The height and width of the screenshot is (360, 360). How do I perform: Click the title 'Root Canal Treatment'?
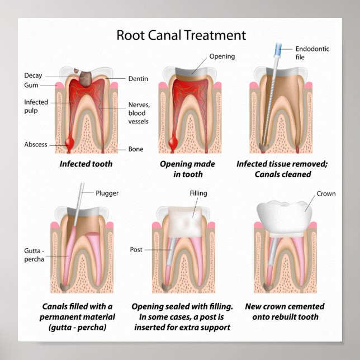pyautogui.click(x=181, y=35)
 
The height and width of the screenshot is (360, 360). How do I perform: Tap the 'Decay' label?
pyautogui.click(x=33, y=75)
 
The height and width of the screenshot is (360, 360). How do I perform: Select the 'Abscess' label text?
pyautogui.click(x=35, y=144)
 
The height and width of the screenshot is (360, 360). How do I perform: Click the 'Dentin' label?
pyautogui.click(x=138, y=79)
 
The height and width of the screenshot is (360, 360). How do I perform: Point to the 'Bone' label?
pyautogui.click(x=136, y=149)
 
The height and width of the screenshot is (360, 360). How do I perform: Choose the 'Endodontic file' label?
pyautogui.click(x=312, y=53)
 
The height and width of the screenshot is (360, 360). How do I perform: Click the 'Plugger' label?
pyautogui.click(x=107, y=193)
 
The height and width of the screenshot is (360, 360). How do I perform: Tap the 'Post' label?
pyautogui.click(x=136, y=249)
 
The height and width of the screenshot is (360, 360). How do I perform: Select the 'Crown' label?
pyautogui.click(x=326, y=193)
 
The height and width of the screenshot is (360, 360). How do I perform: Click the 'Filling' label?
pyautogui.click(x=198, y=193)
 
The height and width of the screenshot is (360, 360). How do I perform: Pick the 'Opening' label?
pyautogui.click(x=222, y=56)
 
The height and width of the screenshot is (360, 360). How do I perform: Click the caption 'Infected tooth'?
pyautogui.click(x=86, y=164)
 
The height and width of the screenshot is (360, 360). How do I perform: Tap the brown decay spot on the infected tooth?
pyautogui.click(x=87, y=78)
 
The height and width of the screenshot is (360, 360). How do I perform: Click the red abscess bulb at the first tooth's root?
pyautogui.click(x=69, y=144)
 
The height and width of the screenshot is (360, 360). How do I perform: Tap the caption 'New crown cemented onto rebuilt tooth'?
pyautogui.click(x=285, y=311)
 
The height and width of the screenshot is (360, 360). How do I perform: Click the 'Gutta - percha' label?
pyautogui.click(x=35, y=255)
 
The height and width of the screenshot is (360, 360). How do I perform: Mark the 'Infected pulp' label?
pyautogui.click(x=36, y=106)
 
